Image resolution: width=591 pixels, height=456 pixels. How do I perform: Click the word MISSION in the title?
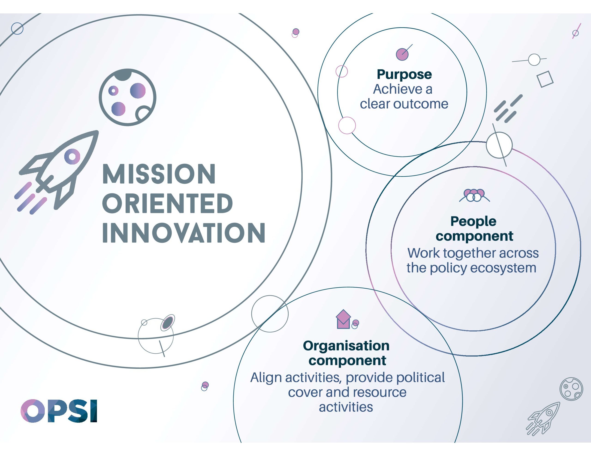(159, 174)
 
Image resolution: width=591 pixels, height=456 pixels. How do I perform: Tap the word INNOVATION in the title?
(184, 233)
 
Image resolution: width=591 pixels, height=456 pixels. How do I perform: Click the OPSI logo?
(59, 411)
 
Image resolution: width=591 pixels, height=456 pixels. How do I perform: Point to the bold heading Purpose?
(404, 75)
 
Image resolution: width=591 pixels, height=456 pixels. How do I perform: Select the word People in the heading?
(473, 222)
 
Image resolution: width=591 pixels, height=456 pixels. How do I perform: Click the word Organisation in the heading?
(346, 346)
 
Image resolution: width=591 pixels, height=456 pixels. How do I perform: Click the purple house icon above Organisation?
(343, 319)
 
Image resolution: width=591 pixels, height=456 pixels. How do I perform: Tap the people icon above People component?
(474, 195)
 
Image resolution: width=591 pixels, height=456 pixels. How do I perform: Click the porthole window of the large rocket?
(72, 157)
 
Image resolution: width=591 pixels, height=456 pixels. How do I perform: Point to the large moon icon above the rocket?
(127, 97)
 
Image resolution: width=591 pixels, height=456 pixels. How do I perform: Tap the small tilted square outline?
(545, 79)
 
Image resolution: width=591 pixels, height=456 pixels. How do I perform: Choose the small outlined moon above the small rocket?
(571, 389)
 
